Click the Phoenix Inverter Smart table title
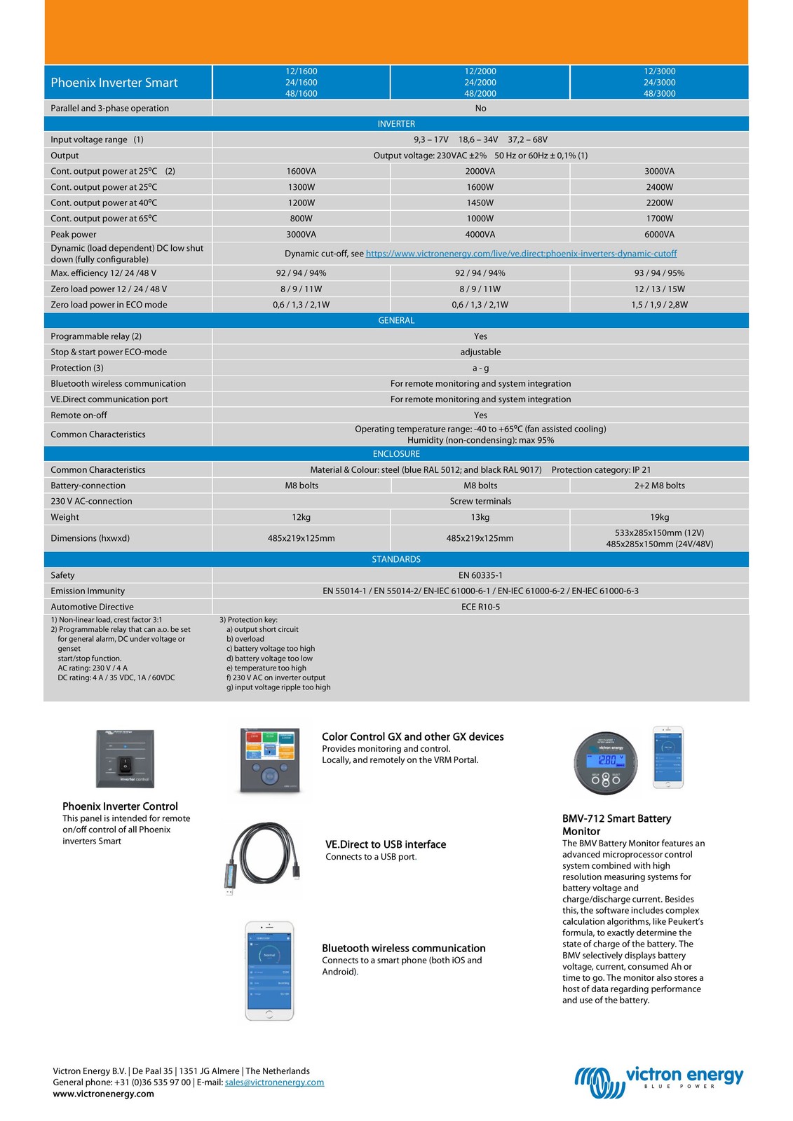point(114,83)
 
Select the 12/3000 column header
point(659,82)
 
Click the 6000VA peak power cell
point(659,235)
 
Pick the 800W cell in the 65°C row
point(301,219)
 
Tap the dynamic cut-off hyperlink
point(521,254)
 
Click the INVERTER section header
point(396,124)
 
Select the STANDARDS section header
point(396,559)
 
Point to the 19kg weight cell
point(659,517)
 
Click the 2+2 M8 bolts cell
point(659,486)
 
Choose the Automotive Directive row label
point(92,607)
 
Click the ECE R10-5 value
point(480,607)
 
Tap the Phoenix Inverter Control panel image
point(125,758)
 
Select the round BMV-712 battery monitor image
point(606,762)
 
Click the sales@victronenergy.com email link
point(274,1082)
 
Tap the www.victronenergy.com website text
point(103,1094)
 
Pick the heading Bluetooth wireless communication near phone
point(403,948)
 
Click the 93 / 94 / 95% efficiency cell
point(659,273)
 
